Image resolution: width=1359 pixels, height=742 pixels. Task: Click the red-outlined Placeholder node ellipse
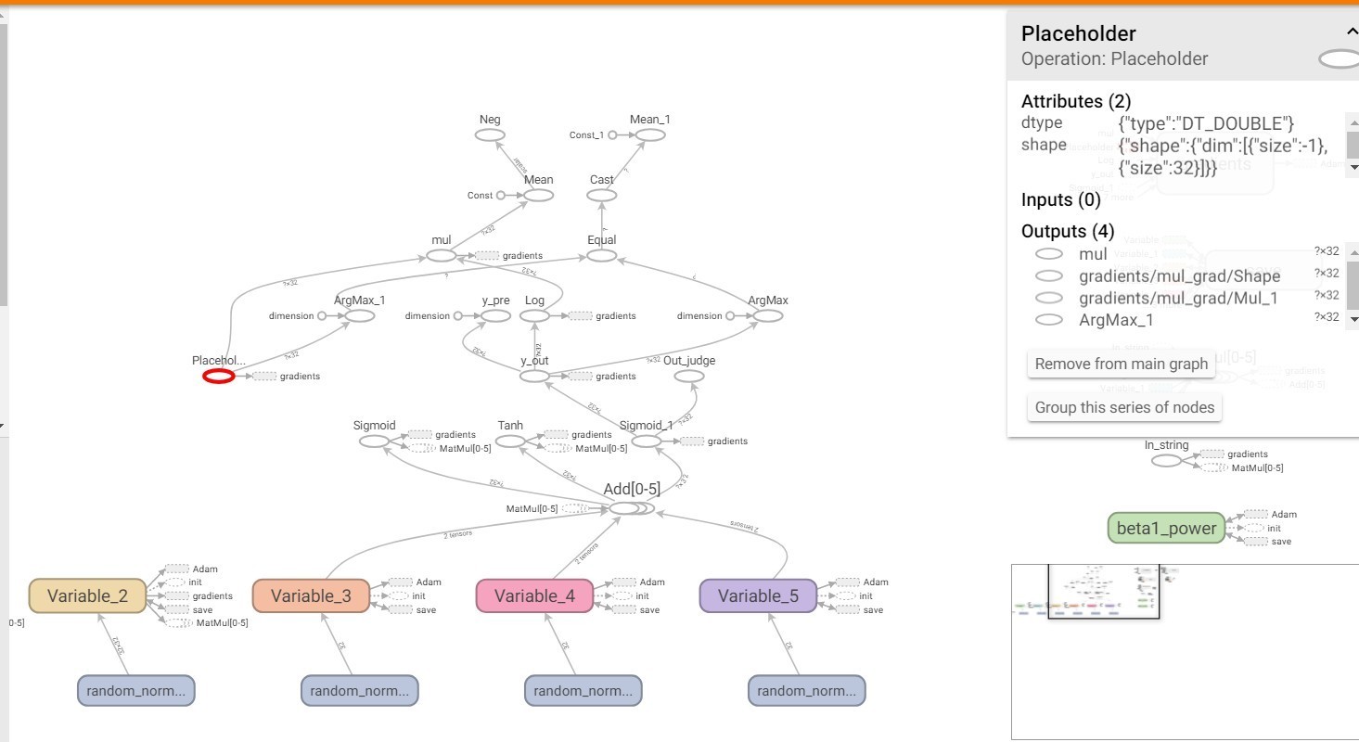(219, 376)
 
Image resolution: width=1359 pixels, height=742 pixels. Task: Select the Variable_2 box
(89, 595)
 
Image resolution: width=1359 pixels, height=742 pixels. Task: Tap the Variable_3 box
(312, 595)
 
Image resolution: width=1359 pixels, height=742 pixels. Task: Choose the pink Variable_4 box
(535, 595)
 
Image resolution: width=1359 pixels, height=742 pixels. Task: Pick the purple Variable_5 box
(758, 595)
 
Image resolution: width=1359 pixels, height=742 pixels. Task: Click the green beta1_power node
(1166, 528)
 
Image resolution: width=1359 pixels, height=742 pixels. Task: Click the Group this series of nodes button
(1124, 407)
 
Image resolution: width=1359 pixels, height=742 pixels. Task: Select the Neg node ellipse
(490, 135)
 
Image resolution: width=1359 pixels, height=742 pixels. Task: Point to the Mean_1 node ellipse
(650, 135)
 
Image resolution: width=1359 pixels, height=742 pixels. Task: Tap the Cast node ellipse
(602, 196)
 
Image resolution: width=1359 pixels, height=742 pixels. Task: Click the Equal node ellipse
(602, 255)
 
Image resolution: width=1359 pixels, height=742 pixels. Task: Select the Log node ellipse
(534, 316)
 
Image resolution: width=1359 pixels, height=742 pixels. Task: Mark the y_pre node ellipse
(495, 316)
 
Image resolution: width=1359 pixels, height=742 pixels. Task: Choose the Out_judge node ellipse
(689, 376)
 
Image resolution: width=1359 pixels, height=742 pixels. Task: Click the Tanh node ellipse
(510, 441)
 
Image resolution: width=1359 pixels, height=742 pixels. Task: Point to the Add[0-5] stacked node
(627, 508)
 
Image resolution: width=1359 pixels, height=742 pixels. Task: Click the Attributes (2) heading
(1075, 101)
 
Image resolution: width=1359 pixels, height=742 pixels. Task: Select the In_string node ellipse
(1166, 460)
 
